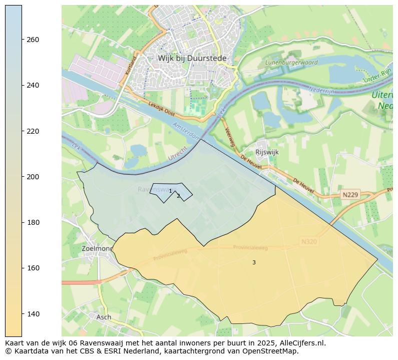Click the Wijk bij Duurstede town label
(x=192, y=58)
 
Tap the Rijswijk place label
(x=267, y=152)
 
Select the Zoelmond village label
(x=97, y=248)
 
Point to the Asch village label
(x=104, y=317)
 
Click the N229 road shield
(x=351, y=194)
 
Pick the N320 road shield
(x=309, y=242)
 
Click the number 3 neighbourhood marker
(x=254, y=262)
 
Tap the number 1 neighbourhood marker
(x=170, y=191)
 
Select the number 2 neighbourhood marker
(x=178, y=196)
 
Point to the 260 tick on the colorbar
(x=33, y=40)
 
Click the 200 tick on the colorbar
(x=33, y=177)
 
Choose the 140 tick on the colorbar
(x=33, y=314)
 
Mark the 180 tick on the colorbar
(x=33, y=222)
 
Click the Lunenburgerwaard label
(x=291, y=63)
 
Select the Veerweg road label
(x=230, y=136)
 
